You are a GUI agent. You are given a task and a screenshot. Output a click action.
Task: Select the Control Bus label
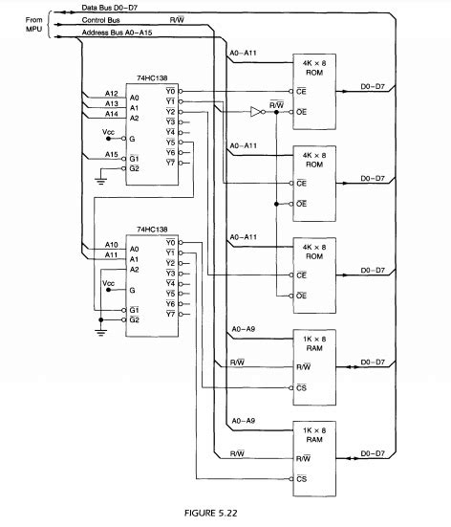click(x=101, y=19)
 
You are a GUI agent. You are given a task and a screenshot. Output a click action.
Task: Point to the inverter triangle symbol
click(x=255, y=111)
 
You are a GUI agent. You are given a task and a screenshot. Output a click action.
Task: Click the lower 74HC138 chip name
click(x=153, y=231)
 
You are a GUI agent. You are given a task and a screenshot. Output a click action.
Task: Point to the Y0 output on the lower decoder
click(x=170, y=242)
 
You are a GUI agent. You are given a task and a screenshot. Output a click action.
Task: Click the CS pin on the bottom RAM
click(x=302, y=478)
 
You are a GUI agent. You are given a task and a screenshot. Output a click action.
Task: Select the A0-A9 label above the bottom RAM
click(x=243, y=420)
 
